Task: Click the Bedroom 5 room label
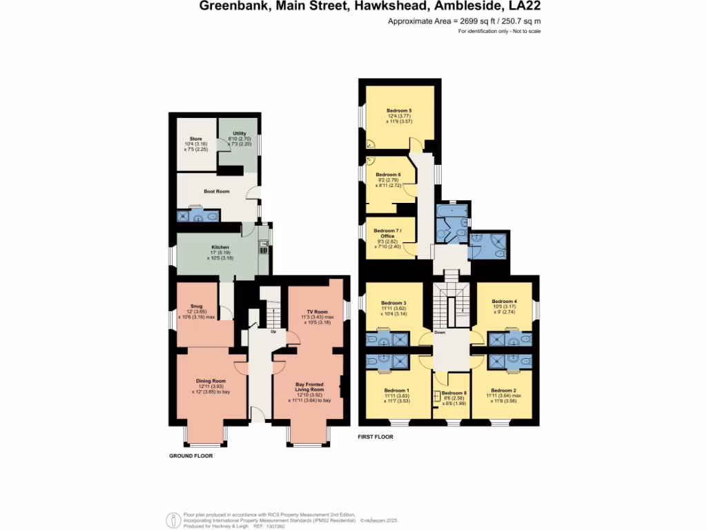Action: (x=399, y=110)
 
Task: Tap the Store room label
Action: (x=196, y=139)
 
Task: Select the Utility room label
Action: (x=240, y=133)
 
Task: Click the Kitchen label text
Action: (x=220, y=247)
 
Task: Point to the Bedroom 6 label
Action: (x=388, y=175)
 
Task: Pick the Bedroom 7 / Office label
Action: (x=387, y=233)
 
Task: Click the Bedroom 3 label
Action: (x=394, y=302)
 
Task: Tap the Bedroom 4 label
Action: (x=504, y=302)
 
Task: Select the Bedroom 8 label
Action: (x=453, y=393)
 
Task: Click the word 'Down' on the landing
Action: (x=440, y=333)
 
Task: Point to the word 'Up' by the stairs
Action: (x=273, y=331)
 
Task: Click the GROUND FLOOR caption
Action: (x=191, y=456)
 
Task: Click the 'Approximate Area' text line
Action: (x=458, y=22)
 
